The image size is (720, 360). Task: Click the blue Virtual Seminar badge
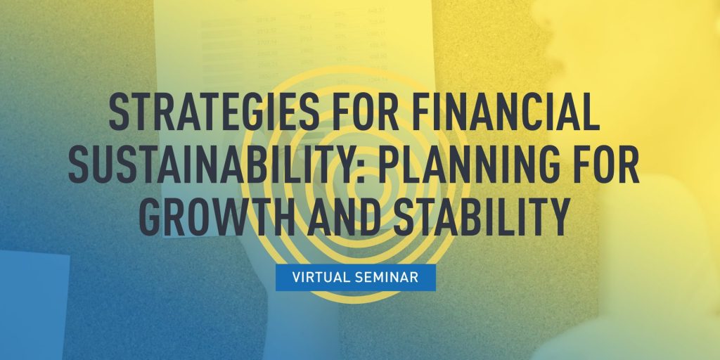pos(356,277)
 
